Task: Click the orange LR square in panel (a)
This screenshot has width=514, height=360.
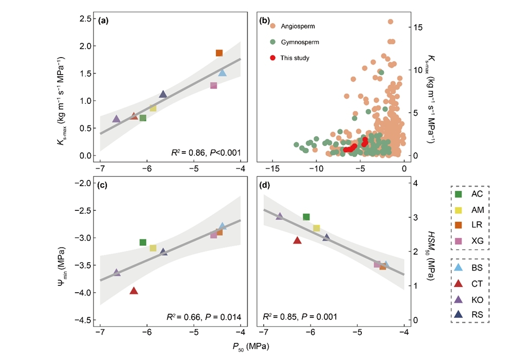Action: pyautogui.click(x=219, y=53)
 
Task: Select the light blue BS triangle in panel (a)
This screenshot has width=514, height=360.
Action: pyautogui.click(x=222, y=73)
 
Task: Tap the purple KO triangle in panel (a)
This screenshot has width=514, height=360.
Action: pyautogui.click(x=116, y=119)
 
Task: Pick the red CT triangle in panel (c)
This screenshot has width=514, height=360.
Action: pyautogui.click(x=134, y=291)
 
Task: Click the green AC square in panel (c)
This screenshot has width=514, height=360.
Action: pyautogui.click(x=143, y=242)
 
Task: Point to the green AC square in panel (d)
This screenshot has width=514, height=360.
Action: pyautogui.click(x=306, y=217)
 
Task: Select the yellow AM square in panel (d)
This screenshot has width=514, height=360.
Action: pyautogui.click(x=317, y=228)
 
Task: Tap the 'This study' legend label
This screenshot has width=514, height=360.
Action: pyautogui.click(x=295, y=58)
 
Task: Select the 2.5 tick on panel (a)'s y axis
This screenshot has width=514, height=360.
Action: pyautogui.click(x=85, y=19)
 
